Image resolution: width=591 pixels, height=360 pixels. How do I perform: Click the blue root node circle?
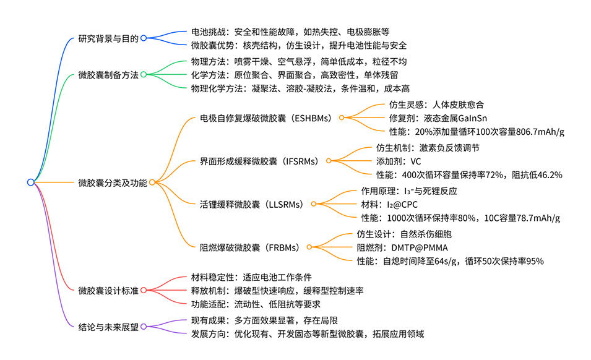pyautogui.click(x=30, y=182)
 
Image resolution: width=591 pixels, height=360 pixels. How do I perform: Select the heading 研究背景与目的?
pyautogui.click(x=108, y=38)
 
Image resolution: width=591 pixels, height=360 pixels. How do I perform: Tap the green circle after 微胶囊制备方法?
pyautogui.click(x=144, y=75)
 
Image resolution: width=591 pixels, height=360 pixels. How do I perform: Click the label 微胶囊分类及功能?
pyautogui.click(x=113, y=182)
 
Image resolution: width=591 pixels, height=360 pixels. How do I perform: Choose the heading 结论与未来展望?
pyautogui.click(x=108, y=327)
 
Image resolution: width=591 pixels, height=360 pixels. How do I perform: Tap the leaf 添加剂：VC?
pyautogui.click(x=399, y=161)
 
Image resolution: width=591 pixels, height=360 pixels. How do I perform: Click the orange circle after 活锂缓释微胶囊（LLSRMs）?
pyautogui.click(x=313, y=204)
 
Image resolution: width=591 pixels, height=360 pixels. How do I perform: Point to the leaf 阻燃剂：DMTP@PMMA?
pyautogui.click(x=402, y=247)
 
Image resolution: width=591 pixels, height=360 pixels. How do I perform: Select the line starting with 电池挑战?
pyautogui.click(x=290, y=30)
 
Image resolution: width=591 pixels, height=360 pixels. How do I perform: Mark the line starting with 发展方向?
pyautogui.click(x=308, y=334)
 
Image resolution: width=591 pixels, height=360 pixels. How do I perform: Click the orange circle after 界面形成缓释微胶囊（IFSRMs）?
pyautogui.click(x=329, y=161)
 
